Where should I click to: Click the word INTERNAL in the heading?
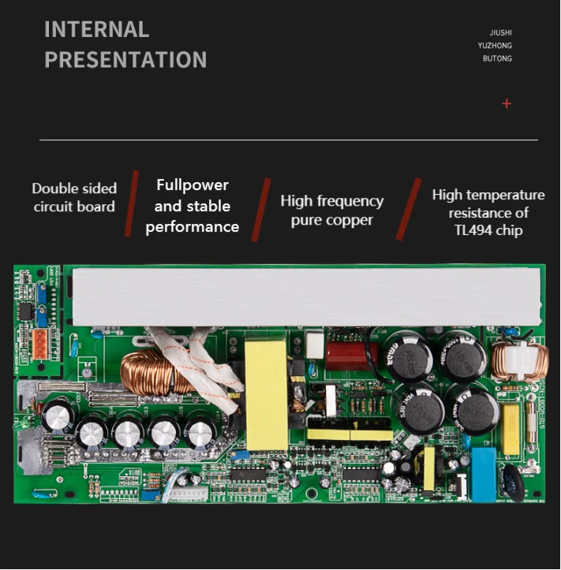(96, 29)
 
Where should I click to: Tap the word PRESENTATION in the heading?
(125, 60)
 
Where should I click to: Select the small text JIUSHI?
(500, 33)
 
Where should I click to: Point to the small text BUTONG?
(497, 58)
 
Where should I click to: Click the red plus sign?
(507, 103)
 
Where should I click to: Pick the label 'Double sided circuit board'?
(74, 198)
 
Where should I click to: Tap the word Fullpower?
(193, 185)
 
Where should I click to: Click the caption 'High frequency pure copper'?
(331, 210)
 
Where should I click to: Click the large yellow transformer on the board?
(266, 384)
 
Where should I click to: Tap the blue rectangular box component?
(484, 473)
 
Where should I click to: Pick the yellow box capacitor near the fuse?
(511, 429)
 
